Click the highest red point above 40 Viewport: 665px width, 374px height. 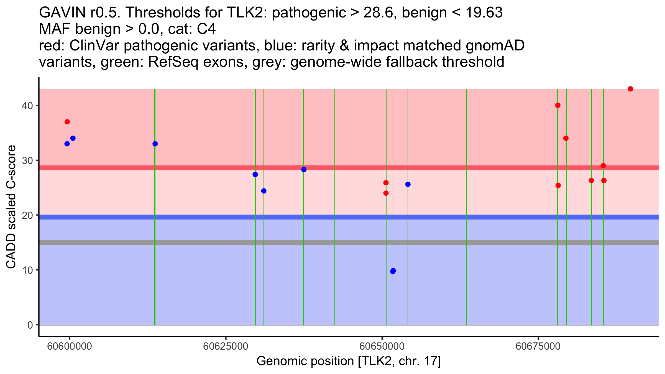[x=630, y=89]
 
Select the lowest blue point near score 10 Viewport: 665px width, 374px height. [x=393, y=271]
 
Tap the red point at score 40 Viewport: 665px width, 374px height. [x=558, y=105]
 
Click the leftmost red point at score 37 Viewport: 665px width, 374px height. [x=67, y=122]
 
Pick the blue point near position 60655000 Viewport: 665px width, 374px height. [x=408, y=185]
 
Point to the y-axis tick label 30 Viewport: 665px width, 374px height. [x=27, y=160]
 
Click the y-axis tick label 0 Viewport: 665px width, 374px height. [x=30, y=325]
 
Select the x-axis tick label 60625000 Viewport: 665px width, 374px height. [x=226, y=347]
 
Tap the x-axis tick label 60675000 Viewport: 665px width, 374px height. [x=538, y=347]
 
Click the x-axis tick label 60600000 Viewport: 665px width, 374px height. [x=70, y=347]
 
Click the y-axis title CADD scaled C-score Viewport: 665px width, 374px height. [x=11, y=207]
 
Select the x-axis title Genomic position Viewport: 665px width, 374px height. [x=348, y=361]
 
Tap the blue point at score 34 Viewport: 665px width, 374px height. [x=73, y=138]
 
